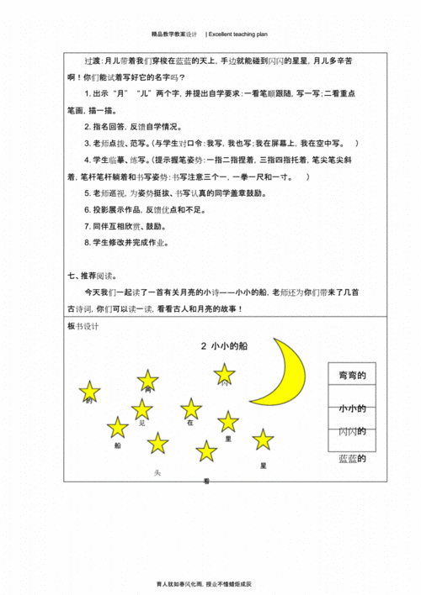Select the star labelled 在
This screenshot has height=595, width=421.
click(191, 408)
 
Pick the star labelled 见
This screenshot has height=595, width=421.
click(141, 409)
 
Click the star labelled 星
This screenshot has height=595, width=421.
click(264, 439)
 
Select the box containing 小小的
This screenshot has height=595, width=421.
click(355, 408)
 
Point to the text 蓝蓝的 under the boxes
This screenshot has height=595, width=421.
click(355, 459)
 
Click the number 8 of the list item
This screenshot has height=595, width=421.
click(88, 244)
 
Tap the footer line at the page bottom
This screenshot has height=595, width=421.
click(210, 583)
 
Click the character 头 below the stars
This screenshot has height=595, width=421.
click(157, 473)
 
